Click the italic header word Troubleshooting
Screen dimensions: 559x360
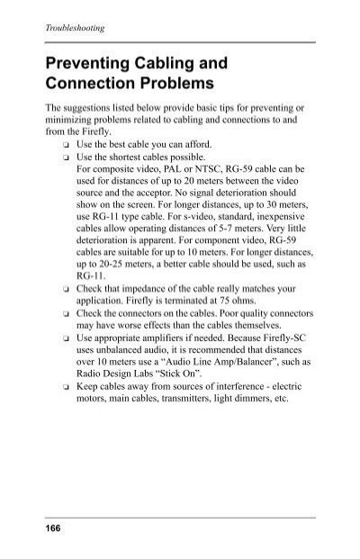coord(75,29)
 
